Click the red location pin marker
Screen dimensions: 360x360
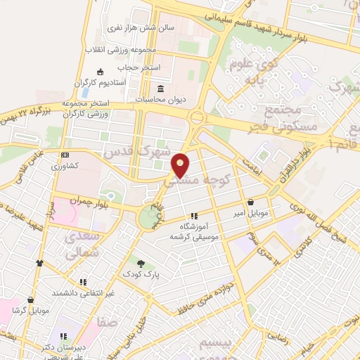[x=181, y=165]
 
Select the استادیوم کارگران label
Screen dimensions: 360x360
[x=120, y=82]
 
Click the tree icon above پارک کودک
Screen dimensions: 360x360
[x=141, y=264]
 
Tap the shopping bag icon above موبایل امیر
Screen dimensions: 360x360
[x=251, y=201]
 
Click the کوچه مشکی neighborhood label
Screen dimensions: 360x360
[x=198, y=181]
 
